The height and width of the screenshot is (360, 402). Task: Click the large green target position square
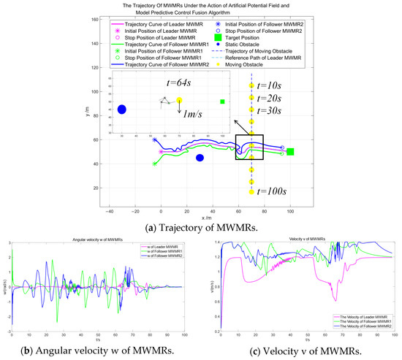coord(290,152)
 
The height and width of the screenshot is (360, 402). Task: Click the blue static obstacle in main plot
coord(200,158)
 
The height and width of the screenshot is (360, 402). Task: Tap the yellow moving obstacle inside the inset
coord(179,101)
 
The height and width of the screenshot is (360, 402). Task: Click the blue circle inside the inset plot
coord(122,110)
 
